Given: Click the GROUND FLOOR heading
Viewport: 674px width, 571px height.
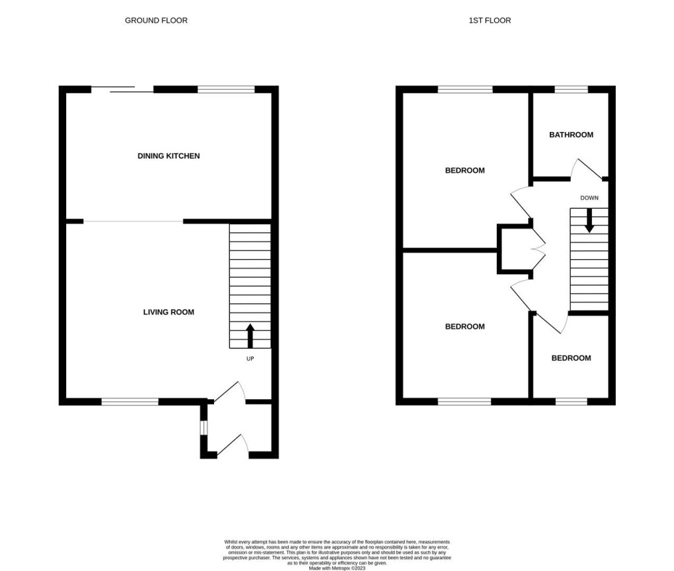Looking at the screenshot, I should (156, 20).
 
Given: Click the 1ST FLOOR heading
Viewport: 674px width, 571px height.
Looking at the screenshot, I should (490, 20).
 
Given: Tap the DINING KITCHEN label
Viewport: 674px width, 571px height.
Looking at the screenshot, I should (168, 156).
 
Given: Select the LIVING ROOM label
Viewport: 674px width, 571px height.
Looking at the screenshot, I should (168, 312).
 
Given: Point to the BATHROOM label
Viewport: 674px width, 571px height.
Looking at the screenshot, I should (571, 135).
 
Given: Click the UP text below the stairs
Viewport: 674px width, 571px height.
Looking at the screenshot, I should (250, 359).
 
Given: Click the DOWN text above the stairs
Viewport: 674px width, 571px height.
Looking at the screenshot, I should (589, 198).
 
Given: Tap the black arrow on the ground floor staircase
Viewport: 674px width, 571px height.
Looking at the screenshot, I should (250, 335).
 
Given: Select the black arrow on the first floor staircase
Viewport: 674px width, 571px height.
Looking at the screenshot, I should (589, 220).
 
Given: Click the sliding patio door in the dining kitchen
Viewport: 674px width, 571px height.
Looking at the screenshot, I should (122, 89).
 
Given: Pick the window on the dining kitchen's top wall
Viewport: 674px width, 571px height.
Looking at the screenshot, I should (226, 89).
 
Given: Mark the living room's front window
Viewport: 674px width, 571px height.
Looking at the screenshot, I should (130, 400).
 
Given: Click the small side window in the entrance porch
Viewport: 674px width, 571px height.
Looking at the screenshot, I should (204, 428).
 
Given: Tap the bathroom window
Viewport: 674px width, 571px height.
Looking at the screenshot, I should (571, 89).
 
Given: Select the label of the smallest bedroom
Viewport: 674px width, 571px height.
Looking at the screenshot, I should (571, 358).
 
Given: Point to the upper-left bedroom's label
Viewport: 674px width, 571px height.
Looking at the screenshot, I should (465, 171).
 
